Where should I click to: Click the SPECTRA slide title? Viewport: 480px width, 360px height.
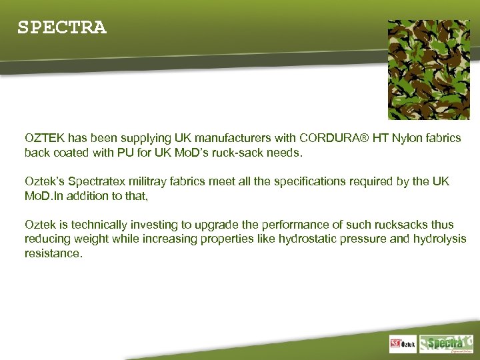[61, 28]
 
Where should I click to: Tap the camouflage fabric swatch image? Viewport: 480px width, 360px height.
[429, 69]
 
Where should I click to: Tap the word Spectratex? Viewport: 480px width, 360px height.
[95, 181]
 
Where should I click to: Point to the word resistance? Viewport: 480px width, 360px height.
[53, 253]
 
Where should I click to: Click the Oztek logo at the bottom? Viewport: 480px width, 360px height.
[403, 345]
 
